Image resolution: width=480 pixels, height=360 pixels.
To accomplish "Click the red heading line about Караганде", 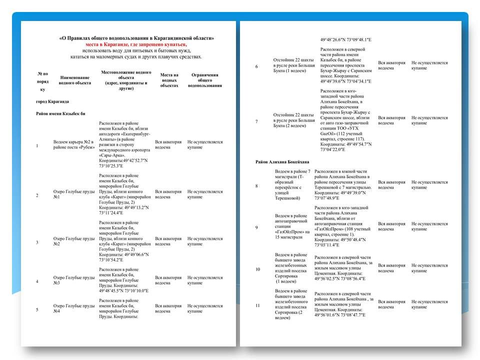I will click(136, 44).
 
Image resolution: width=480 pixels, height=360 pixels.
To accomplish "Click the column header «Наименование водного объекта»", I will click(75, 80).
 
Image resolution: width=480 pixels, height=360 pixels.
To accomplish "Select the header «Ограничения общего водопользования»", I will click(205, 80).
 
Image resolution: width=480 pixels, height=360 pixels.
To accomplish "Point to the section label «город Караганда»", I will click(52, 101).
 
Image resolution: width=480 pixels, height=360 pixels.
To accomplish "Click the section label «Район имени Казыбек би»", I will click(60, 113).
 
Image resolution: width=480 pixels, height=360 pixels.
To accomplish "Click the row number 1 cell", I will click(37, 145).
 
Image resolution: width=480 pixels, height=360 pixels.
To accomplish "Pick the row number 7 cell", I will click(256, 121).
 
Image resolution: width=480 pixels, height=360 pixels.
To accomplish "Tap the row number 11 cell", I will click(257, 305).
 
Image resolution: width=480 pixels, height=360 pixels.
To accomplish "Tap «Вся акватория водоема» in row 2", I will click(168, 193).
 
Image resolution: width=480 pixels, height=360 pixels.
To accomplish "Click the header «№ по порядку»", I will click(42, 81).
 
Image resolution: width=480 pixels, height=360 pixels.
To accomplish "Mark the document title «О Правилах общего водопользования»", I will click(136, 38).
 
